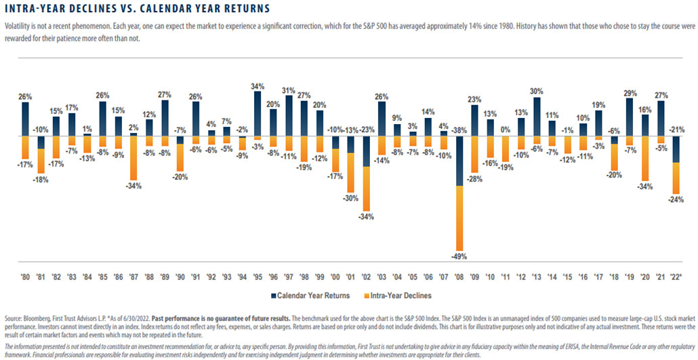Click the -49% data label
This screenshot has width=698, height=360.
point(460,256)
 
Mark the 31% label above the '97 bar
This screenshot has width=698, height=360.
point(288,90)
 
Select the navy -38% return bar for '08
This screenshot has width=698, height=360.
point(460,160)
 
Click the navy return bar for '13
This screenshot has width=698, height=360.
point(537,116)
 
